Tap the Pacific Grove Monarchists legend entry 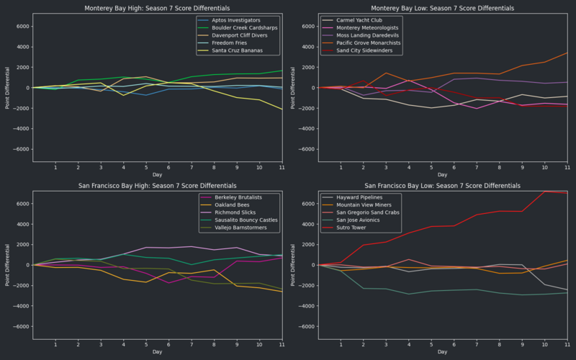(361, 44)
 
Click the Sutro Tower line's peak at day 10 (545, 191)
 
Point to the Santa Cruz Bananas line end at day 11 (282, 109)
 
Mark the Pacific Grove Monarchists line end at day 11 (568, 53)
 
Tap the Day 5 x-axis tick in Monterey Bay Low (431, 168)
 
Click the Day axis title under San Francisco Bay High (157, 351)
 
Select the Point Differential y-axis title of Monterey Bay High (8, 88)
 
